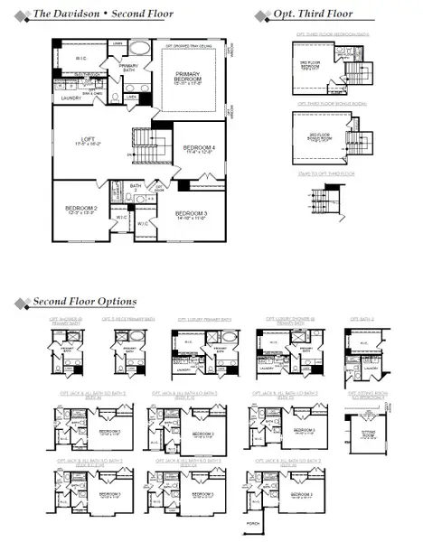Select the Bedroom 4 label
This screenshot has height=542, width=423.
(198, 149)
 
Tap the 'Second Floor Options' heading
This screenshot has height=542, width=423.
(84, 301)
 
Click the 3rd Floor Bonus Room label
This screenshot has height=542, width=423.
(321, 136)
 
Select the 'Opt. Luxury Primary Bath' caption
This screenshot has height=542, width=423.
(204, 319)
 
